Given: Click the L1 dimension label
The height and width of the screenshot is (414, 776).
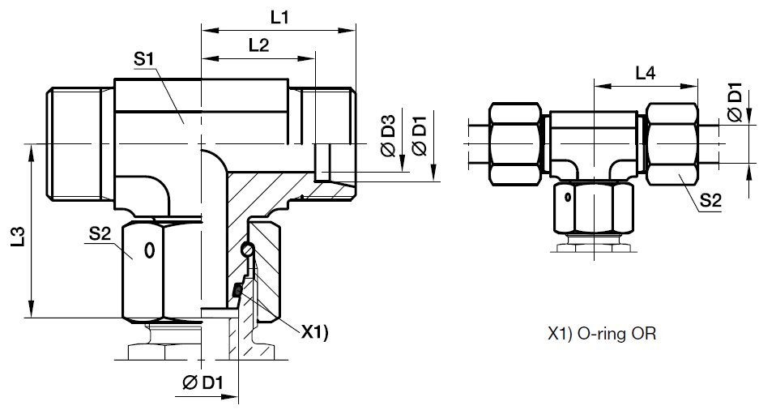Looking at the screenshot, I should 279,17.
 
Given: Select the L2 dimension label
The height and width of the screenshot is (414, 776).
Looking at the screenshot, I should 258,46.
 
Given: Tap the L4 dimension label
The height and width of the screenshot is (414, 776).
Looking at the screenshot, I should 645,74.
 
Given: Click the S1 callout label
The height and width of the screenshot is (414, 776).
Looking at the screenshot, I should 144,59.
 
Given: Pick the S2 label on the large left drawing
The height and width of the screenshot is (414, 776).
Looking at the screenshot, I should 99,235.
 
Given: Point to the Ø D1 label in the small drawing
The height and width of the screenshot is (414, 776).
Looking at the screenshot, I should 735,103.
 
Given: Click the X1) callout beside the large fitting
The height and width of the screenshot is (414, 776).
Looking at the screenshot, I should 314,331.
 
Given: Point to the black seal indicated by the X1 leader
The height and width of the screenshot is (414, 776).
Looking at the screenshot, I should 238,289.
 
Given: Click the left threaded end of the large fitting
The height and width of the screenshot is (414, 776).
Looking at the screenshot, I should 73,144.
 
